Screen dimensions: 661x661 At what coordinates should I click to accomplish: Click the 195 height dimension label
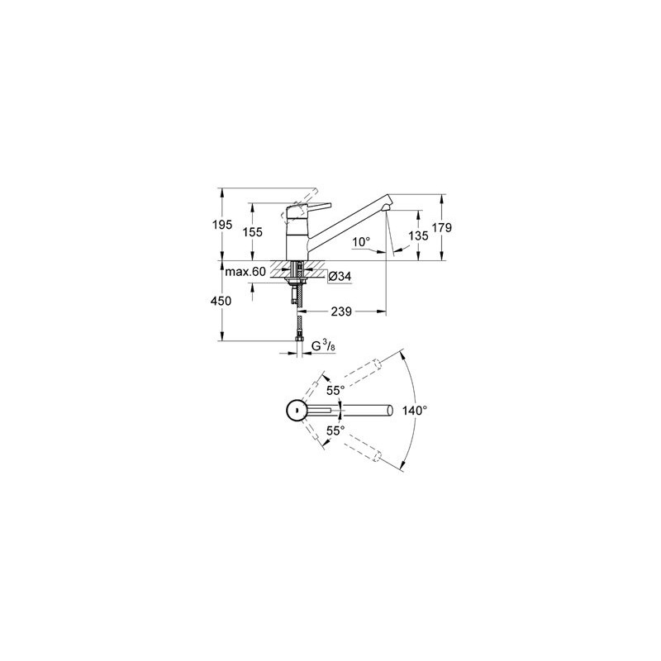tap(222, 225)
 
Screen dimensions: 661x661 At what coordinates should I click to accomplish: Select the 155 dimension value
tap(252, 232)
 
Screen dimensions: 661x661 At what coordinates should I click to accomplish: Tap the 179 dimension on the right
tap(441, 228)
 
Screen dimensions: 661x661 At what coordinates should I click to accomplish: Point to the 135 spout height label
tap(418, 235)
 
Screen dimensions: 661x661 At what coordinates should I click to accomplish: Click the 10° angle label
tap(361, 242)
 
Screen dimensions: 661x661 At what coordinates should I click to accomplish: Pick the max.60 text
tap(246, 272)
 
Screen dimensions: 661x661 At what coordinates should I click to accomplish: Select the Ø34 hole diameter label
tap(339, 277)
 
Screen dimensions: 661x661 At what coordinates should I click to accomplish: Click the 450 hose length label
tap(221, 301)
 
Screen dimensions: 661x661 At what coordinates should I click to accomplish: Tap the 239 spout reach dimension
tap(341, 312)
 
